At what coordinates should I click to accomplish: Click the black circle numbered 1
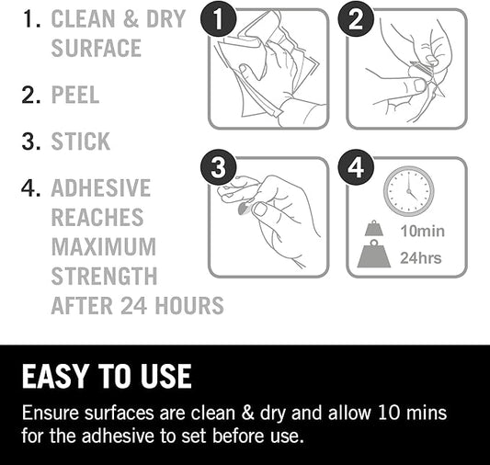click(x=218, y=19)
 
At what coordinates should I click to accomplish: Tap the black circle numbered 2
click(x=356, y=19)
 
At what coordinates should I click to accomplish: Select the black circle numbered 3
click(x=218, y=167)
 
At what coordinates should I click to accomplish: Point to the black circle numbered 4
click(x=356, y=167)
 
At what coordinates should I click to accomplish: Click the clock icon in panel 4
click(x=409, y=191)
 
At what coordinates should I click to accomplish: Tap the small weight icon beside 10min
click(x=374, y=228)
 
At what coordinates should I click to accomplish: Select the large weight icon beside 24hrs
click(x=374, y=254)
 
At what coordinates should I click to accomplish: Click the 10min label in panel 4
click(x=423, y=231)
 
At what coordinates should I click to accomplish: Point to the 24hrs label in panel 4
click(x=421, y=258)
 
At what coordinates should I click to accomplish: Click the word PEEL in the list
click(x=75, y=95)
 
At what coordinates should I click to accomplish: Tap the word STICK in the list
click(x=81, y=142)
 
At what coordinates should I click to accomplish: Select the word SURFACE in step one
click(x=97, y=48)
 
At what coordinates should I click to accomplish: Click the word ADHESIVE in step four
click(x=101, y=187)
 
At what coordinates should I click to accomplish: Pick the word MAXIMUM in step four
click(x=104, y=246)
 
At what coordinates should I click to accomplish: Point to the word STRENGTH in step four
click(x=104, y=276)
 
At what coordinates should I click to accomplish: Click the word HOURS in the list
click(x=189, y=305)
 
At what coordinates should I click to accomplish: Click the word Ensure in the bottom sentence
click(x=51, y=413)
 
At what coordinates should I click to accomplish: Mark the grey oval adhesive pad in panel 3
click(x=243, y=209)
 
